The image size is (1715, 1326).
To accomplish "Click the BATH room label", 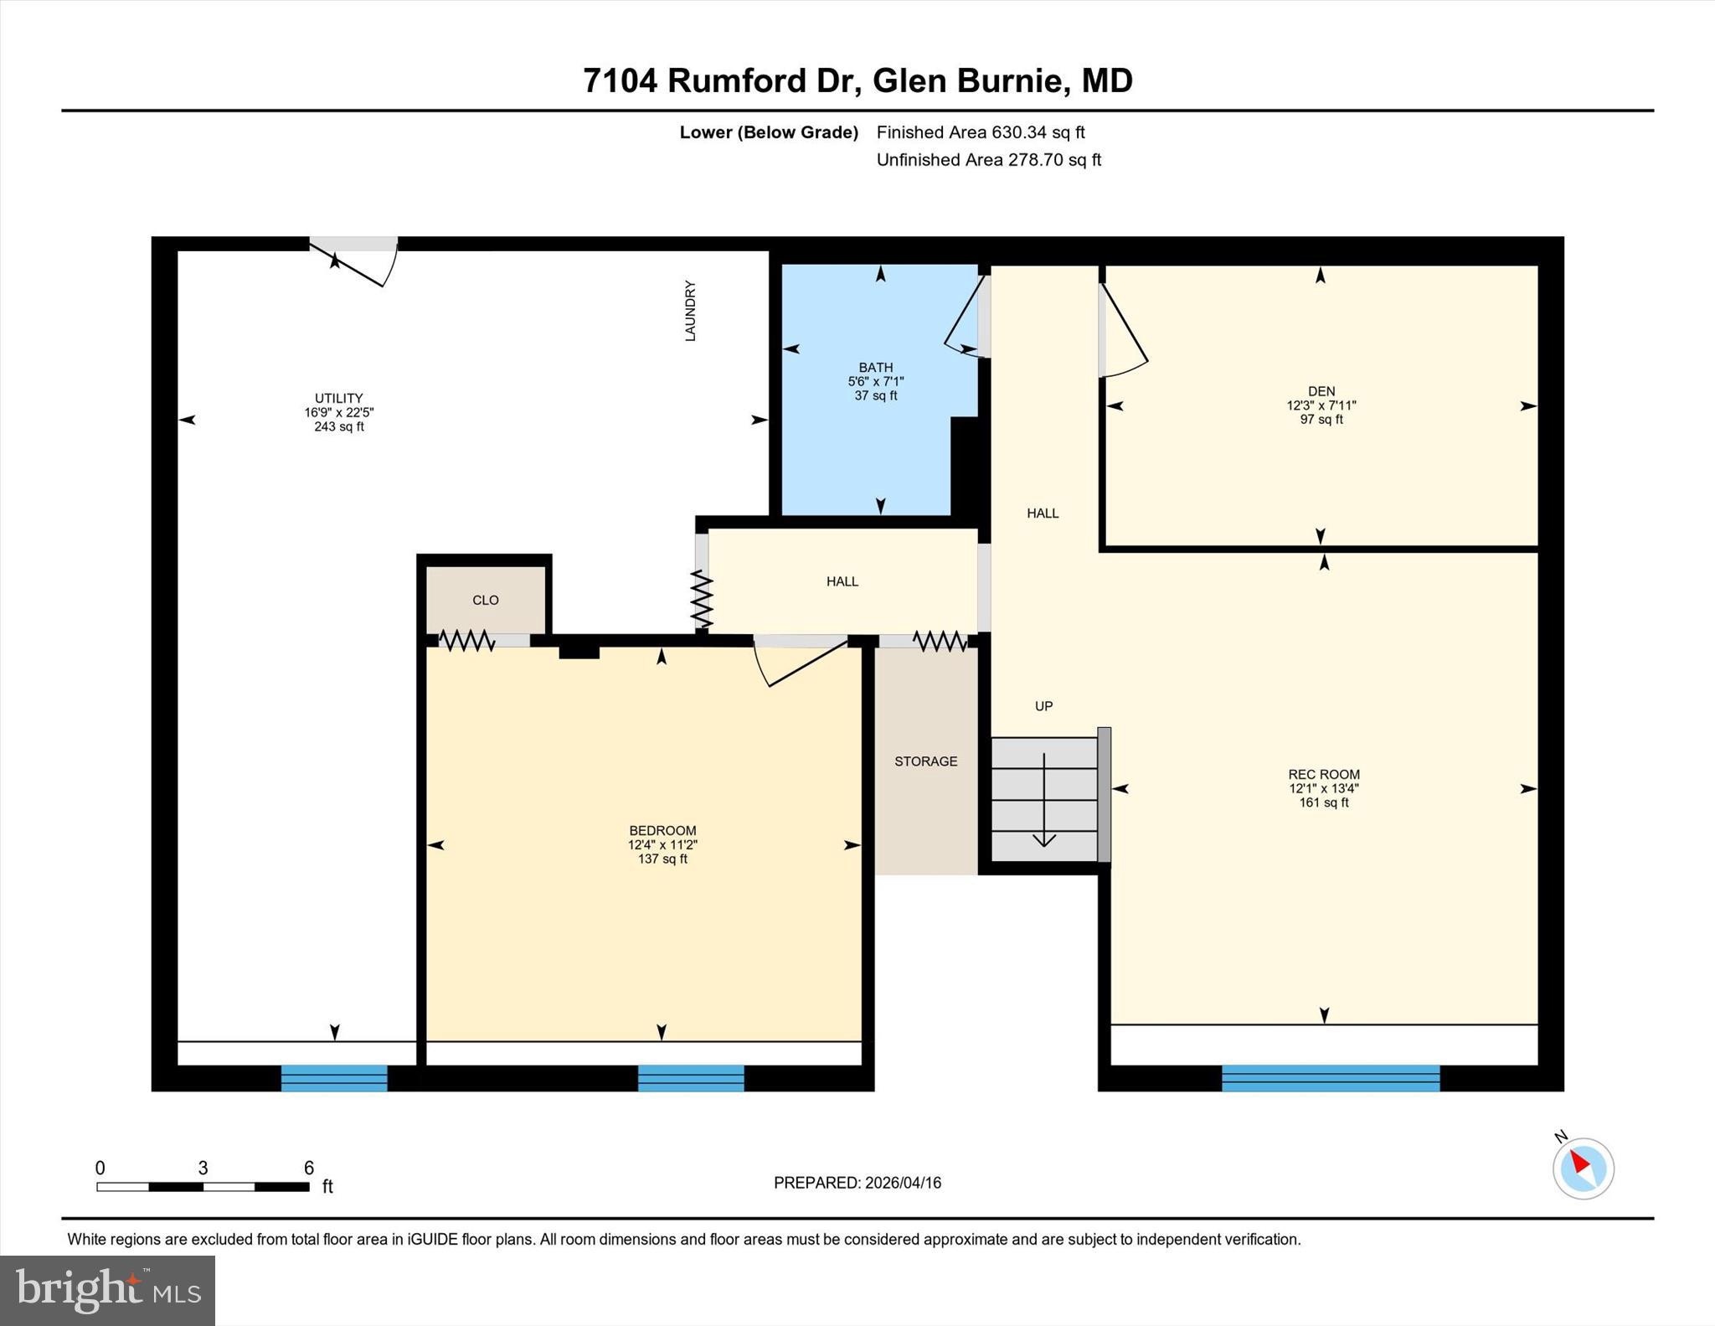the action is pos(876,367).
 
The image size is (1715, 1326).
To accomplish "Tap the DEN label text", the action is pos(1321,391).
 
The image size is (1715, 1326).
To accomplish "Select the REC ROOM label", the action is pos(1324,775).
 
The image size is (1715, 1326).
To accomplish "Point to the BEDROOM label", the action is pos(662,831).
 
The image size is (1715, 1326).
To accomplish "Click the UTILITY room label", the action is pos(339,399).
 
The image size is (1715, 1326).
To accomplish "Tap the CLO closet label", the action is pos(486,601).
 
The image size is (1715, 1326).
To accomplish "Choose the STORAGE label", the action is pos(926,761).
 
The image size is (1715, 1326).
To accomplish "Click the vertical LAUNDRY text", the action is pos(691,311).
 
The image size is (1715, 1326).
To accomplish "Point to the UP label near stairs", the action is pos(1043,706).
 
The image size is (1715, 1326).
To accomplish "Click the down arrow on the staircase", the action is pos(1044,800).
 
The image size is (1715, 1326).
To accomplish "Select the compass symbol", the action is pos(1583,1167).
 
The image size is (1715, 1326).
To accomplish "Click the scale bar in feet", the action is pos(203,1186).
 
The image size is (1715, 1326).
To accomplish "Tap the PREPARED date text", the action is pos(857,1183).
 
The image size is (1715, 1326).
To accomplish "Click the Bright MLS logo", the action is pos(108,1290).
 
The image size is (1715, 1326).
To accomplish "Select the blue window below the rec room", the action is pos(1331,1078).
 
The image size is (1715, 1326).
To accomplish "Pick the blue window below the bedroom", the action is pos(691,1078).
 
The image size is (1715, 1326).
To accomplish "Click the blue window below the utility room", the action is pos(334,1078).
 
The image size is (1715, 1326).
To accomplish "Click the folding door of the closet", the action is pos(466,641).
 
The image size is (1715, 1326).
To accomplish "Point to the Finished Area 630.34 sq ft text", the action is pos(981,132).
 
